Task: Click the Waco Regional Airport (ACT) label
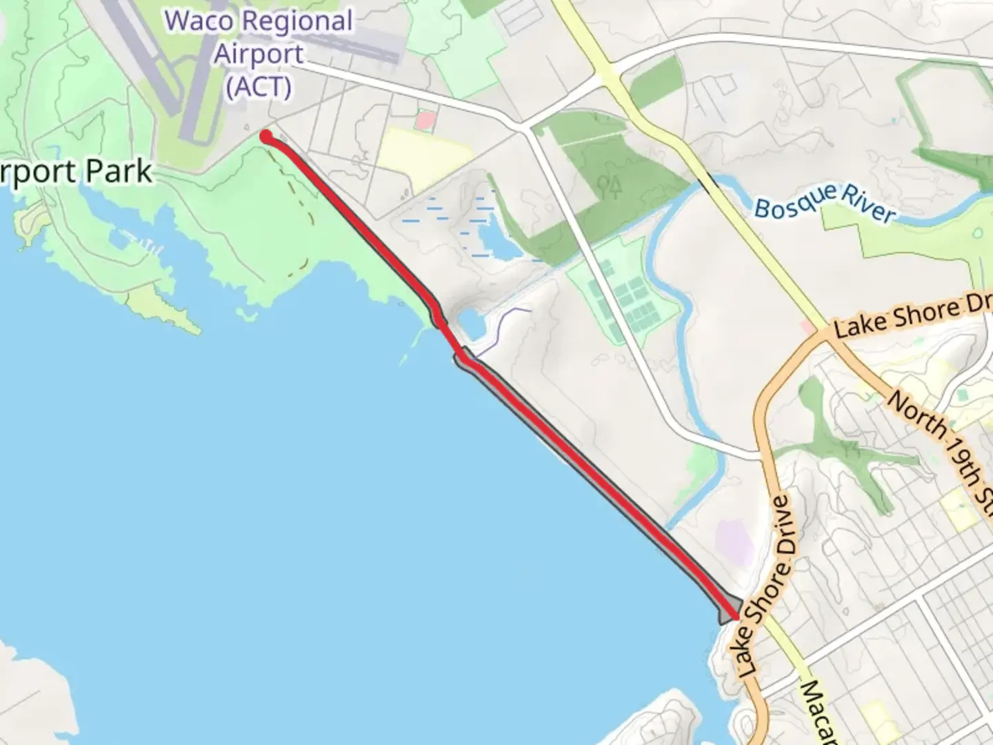click(259, 54)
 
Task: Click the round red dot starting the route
click(265, 137)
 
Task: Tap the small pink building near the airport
click(425, 121)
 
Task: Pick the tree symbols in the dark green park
click(610, 186)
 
